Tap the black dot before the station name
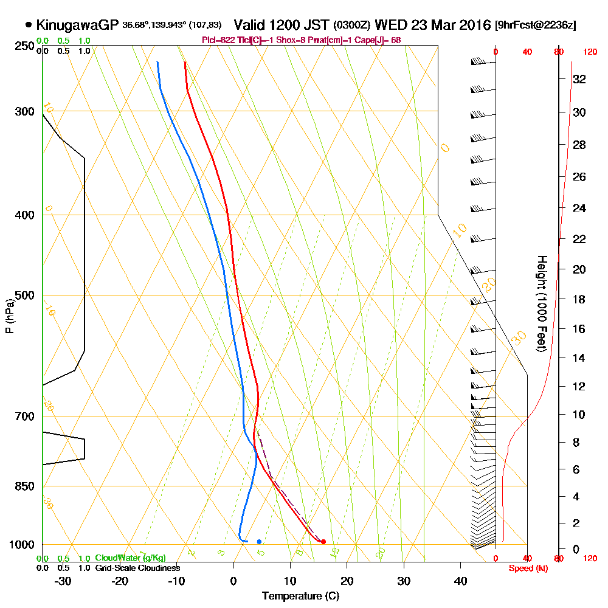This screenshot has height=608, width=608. pyautogui.click(x=29, y=25)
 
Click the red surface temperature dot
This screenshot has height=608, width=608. pyautogui.click(x=323, y=541)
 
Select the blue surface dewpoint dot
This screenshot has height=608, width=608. pyautogui.click(x=259, y=541)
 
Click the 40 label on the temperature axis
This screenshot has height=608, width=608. pyautogui.click(x=461, y=580)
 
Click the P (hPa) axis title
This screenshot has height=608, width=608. pyautogui.click(x=9, y=316)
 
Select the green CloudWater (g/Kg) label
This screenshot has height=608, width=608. pyautogui.click(x=130, y=558)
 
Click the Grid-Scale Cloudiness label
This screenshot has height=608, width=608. pyautogui.click(x=137, y=568)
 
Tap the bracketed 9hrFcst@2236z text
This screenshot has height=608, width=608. pyautogui.click(x=536, y=25)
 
